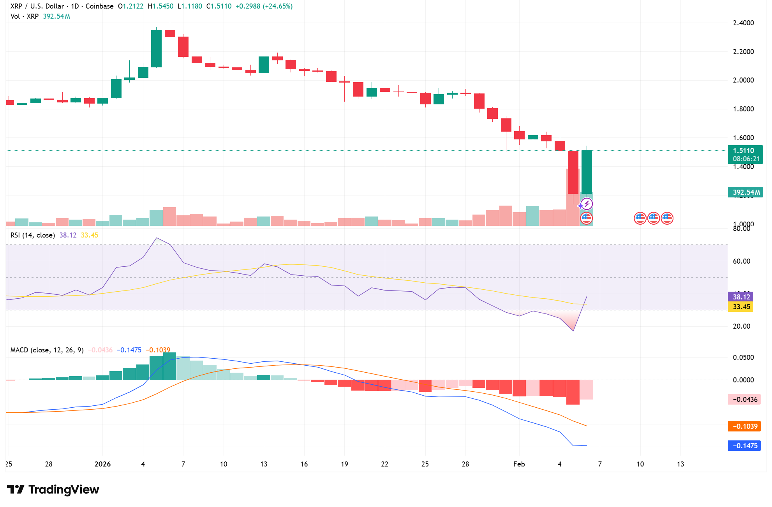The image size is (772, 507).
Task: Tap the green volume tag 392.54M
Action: coord(745,192)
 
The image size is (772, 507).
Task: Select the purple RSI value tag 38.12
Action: coord(741,297)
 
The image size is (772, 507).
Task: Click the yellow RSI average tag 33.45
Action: coord(741,307)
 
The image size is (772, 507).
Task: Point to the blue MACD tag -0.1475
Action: coord(744,446)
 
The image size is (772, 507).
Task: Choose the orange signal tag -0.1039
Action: coord(744,426)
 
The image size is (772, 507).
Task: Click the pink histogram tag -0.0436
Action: coord(744,400)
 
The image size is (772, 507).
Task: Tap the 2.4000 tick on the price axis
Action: coord(743,23)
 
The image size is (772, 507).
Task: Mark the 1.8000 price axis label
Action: coord(743,109)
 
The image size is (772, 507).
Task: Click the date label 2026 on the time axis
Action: coord(103,464)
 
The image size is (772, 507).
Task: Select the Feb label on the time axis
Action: coord(519,464)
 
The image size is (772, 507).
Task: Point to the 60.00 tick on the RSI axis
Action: coord(741,261)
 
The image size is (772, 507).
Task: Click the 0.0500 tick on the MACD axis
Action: coord(743,357)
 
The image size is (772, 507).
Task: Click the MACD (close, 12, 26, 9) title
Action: coord(47,350)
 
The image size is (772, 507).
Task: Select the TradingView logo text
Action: coord(63,489)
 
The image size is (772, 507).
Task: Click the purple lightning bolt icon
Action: coord(587,204)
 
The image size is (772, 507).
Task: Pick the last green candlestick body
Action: coord(587,171)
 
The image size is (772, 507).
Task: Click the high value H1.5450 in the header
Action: coord(160,6)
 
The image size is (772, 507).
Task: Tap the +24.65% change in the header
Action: coord(278,6)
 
